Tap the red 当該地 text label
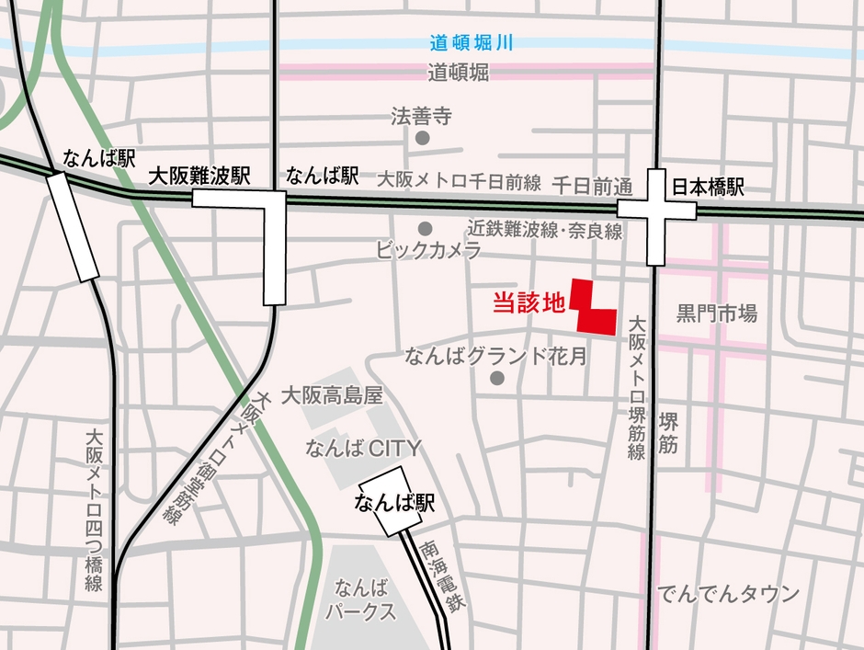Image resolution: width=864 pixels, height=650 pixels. point(529,302)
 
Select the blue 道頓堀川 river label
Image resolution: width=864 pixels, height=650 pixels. point(471,42)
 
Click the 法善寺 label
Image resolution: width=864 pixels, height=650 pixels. point(422,117)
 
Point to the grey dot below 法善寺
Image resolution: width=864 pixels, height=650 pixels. point(423,138)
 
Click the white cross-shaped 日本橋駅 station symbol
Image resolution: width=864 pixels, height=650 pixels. point(656,211)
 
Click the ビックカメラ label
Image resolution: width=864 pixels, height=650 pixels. point(429,250)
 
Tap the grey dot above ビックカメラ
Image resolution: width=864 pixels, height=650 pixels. point(425,228)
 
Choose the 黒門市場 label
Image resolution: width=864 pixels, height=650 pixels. point(717,314)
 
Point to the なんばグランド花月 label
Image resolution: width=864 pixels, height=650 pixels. point(496,357)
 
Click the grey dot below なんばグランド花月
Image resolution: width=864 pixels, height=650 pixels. point(497,378)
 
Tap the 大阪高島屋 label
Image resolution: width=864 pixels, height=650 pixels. point(331,396)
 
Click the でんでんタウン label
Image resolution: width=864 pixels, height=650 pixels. point(729,594)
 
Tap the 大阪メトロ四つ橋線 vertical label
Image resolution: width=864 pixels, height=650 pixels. point(93,510)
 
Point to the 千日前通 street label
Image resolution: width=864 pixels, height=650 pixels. point(592,186)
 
